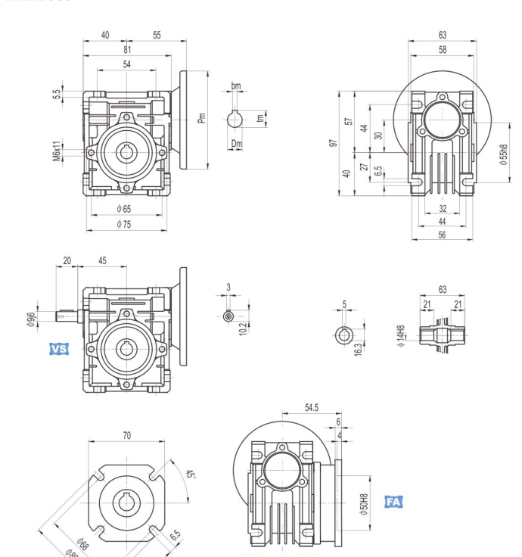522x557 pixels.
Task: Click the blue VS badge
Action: pos(58,349)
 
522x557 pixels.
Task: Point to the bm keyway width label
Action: pos(236,86)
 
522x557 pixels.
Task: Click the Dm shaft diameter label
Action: pos(236,142)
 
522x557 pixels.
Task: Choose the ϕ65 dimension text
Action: pos(126,208)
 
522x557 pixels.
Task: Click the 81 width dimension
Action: pos(126,50)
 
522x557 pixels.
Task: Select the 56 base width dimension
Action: pos(442,235)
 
